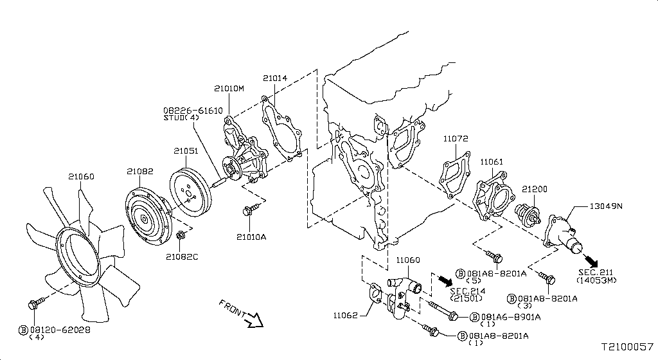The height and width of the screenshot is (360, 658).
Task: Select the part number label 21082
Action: tap(139, 171)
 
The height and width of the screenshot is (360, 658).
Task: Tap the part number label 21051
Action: tap(186, 151)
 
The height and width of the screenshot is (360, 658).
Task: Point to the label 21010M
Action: tap(229, 88)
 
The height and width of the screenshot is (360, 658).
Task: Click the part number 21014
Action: tap(274, 78)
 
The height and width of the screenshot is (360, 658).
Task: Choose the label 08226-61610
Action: tap(192, 111)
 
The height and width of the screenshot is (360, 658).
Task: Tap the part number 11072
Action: tap(455, 138)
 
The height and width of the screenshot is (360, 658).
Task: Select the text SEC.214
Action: tap(467, 291)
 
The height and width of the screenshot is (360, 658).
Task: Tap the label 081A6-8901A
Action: tap(505, 317)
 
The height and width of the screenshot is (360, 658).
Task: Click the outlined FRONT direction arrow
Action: tap(256, 319)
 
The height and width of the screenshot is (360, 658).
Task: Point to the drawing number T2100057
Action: tap(627, 346)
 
